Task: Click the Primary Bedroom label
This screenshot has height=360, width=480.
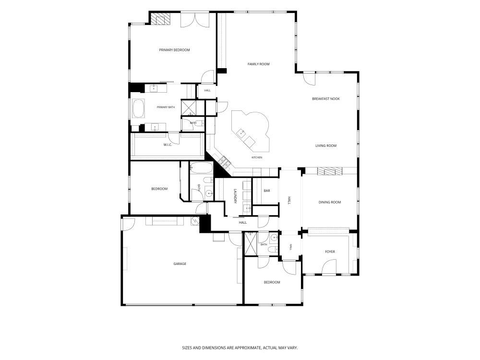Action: [x=174, y=50]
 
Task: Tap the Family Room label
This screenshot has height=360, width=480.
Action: [x=258, y=64]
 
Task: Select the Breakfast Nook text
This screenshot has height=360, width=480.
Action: [x=326, y=98]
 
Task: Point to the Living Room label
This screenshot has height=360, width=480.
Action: [x=326, y=146]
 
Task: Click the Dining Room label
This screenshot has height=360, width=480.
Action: [x=329, y=202]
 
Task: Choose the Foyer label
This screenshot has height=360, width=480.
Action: [x=330, y=252]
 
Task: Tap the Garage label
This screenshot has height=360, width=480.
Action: [x=180, y=264]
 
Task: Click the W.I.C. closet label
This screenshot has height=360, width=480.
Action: [x=168, y=144]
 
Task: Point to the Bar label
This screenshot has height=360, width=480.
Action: [x=266, y=191]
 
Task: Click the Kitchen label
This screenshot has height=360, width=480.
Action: [x=257, y=157]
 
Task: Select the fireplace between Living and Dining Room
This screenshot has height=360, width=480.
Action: [x=330, y=171]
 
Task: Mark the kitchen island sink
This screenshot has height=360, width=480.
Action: [x=240, y=132]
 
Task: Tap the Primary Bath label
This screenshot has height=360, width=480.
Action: [x=166, y=107]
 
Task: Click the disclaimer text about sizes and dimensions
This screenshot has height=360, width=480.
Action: [x=240, y=348]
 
